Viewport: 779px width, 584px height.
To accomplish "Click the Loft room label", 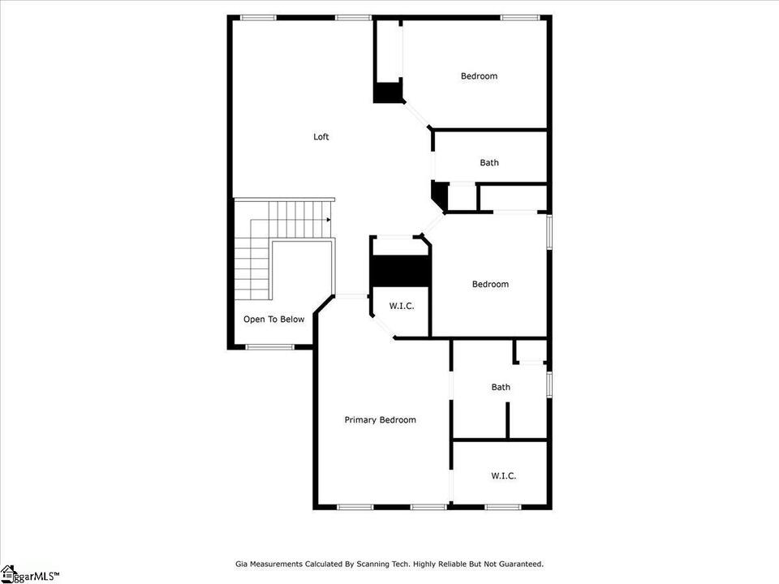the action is tap(321, 136).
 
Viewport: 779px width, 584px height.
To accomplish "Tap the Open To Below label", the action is tap(273, 320).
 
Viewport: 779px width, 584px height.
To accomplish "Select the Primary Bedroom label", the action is tap(380, 420).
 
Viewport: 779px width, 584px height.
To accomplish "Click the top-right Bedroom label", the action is tap(479, 76).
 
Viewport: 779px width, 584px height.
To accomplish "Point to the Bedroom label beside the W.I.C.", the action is tap(490, 284).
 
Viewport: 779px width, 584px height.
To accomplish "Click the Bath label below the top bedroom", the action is tap(489, 162).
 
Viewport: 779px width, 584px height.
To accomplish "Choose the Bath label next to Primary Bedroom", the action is tap(501, 387).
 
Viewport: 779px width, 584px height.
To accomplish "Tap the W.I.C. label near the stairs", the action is tap(402, 306).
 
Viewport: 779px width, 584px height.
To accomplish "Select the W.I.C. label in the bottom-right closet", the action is tap(504, 476).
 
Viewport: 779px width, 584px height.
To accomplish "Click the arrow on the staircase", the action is tap(328, 220).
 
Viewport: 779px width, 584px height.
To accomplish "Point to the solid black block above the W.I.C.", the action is tap(400, 271).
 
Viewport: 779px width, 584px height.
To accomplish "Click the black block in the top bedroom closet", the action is tap(388, 92).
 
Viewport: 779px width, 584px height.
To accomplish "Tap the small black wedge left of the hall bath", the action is tap(440, 195).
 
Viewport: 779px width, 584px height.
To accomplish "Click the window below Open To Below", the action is tap(270, 347).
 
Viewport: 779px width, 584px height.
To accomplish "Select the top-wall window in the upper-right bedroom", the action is tap(519, 18).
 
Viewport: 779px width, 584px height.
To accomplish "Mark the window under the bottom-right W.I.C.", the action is tap(503, 507).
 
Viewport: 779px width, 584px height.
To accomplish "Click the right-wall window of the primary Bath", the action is tap(549, 384).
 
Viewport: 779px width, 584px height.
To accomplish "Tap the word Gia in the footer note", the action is tap(241, 565).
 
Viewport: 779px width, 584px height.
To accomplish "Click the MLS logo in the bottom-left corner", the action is tap(30, 575).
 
